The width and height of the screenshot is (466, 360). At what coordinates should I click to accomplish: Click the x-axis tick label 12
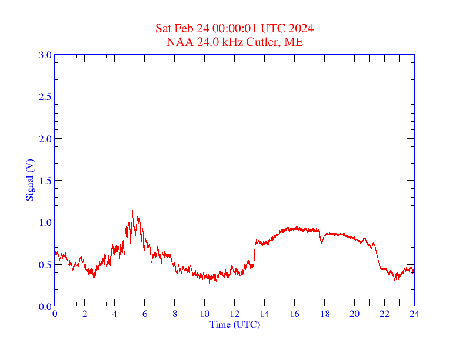click(235, 314)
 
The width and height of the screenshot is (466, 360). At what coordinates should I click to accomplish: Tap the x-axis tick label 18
click(325, 314)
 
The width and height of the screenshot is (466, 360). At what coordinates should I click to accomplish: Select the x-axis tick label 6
click(145, 314)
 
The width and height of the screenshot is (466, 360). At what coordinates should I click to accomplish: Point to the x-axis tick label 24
click(414, 314)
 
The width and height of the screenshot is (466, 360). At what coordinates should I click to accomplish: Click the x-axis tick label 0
click(55, 314)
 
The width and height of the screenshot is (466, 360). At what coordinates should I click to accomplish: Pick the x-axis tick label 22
click(385, 314)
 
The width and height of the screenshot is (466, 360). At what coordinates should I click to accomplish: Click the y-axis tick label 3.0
click(45, 55)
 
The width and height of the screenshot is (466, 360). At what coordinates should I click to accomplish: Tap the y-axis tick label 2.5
click(45, 96)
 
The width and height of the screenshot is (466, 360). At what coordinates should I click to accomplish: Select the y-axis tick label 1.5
click(45, 181)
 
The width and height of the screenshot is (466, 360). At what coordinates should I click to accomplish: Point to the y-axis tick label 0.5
click(45, 265)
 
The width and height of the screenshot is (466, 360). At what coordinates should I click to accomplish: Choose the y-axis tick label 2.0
click(45, 139)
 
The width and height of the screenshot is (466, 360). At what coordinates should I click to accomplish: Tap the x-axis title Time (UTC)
click(234, 324)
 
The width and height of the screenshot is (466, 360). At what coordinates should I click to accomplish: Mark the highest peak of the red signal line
click(132, 211)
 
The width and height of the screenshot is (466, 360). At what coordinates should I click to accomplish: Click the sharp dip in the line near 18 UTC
click(321, 242)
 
